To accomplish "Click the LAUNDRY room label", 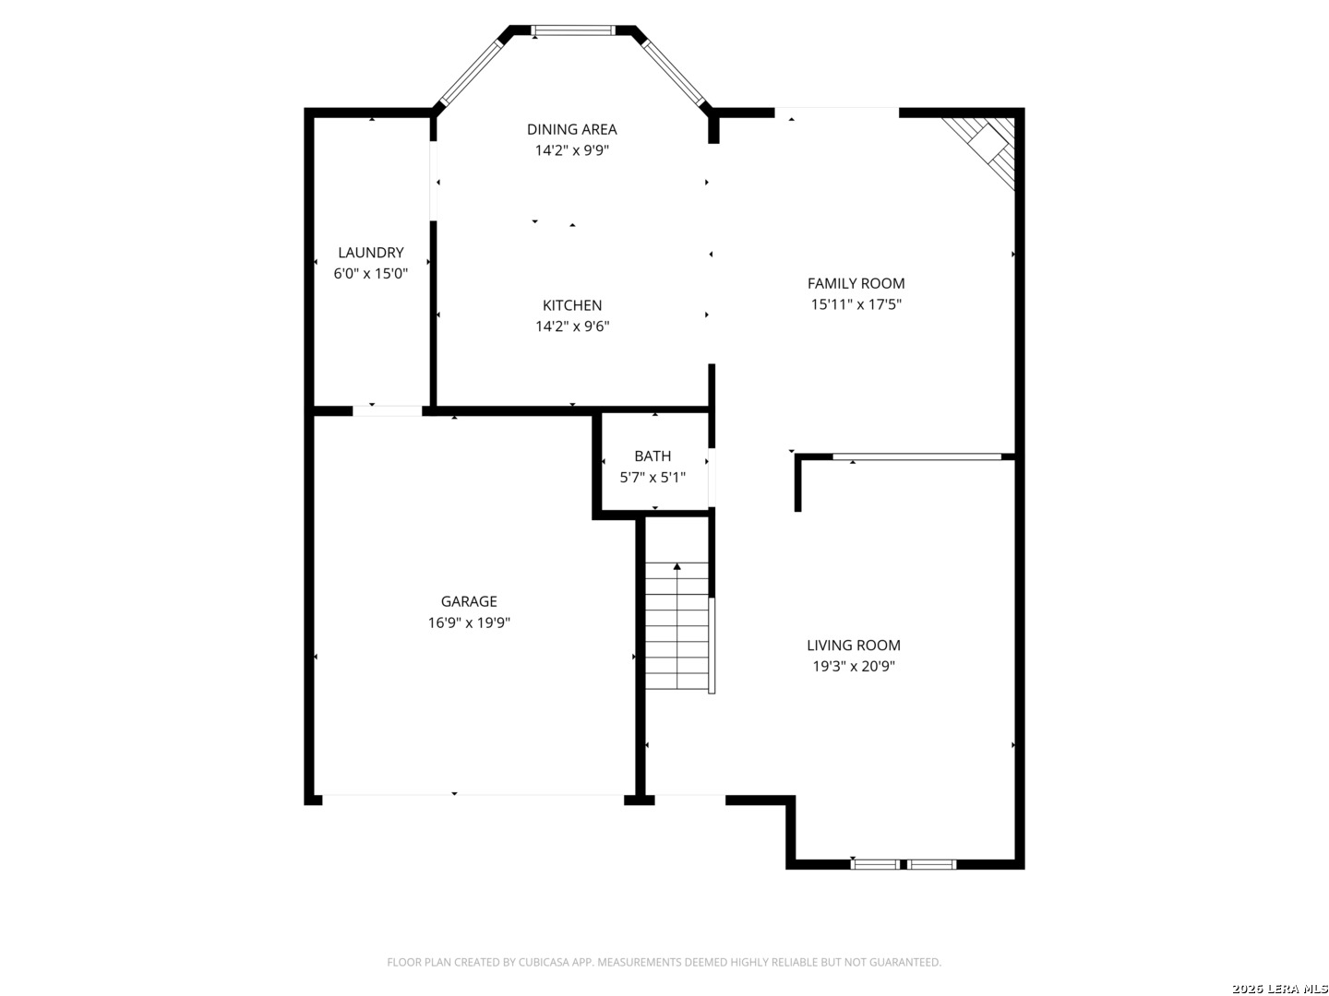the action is [x=370, y=252].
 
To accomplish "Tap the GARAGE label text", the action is [x=469, y=601].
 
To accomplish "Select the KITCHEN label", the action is [x=572, y=305].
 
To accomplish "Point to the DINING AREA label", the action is [x=571, y=129].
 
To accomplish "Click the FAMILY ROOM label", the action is [x=856, y=283].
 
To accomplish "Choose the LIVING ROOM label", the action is [x=854, y=646].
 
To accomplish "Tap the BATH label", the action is [x=653, y=456].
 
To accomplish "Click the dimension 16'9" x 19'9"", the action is [x=469, y=622].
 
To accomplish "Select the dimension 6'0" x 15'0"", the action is [x=370, y=273].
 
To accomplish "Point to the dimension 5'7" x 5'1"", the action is [x=653, y=478].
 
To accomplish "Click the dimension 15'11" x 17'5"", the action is [x=856, y=304].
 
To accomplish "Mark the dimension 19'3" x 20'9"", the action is [x=854, y=667].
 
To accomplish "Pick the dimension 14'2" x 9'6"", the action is [x=572, y=326].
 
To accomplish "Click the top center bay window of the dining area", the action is [x=573, y=30].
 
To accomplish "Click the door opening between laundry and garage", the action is [x=387, y=411].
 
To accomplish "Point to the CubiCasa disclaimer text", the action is [x=664, y=962].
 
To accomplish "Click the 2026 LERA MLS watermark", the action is [x=1279, y=988].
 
